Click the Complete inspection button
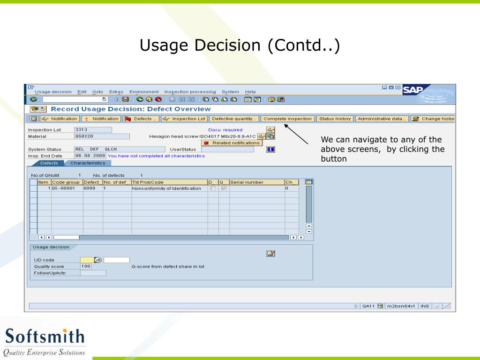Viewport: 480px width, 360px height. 287,119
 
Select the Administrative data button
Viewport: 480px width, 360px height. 382,119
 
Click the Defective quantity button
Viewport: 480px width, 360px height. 234,119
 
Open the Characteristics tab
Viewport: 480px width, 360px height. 88,163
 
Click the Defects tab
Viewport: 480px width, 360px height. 49,163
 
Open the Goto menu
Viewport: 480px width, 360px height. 97,91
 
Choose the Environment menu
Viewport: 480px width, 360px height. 144,91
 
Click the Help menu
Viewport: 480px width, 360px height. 250,91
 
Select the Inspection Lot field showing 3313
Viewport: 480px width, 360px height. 93,130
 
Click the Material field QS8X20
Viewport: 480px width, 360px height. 101,136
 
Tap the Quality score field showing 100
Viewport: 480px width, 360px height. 85,266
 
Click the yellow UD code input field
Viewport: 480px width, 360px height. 87,260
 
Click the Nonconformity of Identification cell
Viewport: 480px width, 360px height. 166,188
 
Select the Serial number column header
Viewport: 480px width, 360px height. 256,182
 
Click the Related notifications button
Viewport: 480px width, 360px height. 232,143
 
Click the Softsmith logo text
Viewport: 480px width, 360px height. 45,337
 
